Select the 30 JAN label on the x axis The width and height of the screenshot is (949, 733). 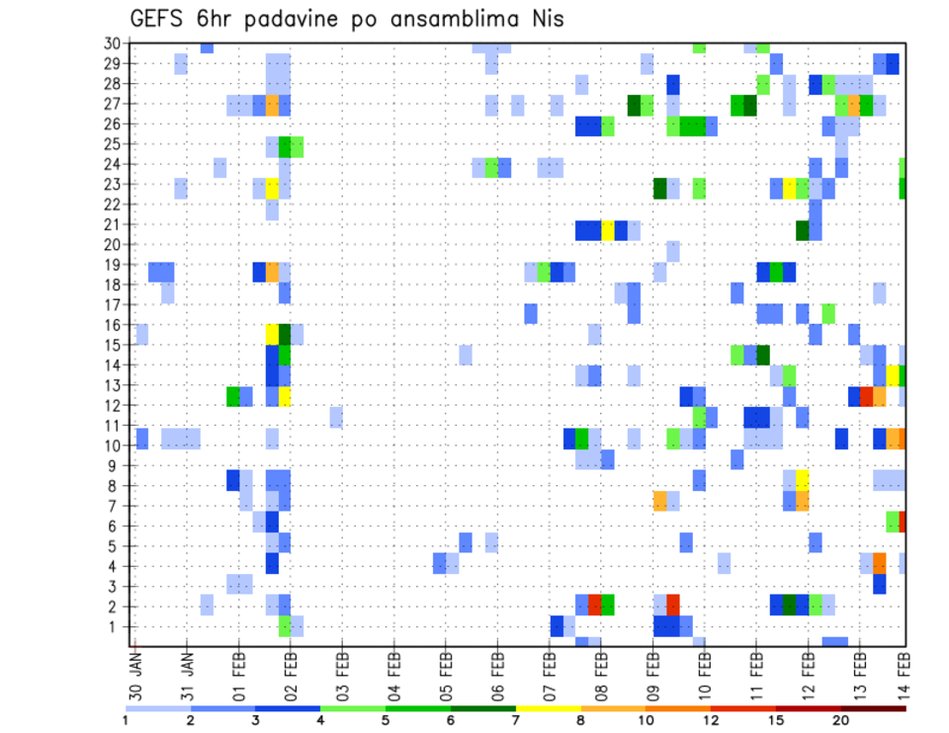[136, 671]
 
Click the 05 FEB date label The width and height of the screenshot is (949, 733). [446, 671]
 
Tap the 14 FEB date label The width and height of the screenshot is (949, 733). [904, 671]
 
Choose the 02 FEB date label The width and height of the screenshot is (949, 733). [291, 671]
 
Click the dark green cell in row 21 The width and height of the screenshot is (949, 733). [803, 230]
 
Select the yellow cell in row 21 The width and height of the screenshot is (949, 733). [608, 230]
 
